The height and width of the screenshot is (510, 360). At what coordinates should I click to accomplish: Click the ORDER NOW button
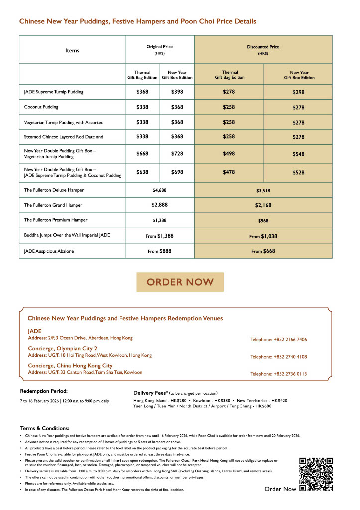[x=180, y=282]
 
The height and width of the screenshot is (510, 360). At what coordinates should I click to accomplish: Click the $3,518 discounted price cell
[x=263, y=190]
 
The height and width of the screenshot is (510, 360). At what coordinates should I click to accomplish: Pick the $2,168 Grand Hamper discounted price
[x=263, y=205]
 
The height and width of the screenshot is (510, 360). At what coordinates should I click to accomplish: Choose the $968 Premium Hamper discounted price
[x=263, y=220]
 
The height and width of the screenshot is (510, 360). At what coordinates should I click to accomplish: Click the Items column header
[x=72, y=50]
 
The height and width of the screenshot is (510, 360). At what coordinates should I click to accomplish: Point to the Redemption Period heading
[x=43, y=391]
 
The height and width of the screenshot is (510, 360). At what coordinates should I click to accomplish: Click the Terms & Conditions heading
[x=44, y=428]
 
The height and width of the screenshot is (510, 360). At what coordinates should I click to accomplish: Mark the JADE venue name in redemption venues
[x=35, y=331]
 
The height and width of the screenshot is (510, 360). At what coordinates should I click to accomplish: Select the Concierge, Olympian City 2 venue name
[x=62, y=348]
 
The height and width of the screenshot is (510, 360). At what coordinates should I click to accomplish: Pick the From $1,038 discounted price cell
[x=263, y=236]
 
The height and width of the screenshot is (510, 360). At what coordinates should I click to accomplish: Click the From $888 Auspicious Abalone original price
[x=159, y=251]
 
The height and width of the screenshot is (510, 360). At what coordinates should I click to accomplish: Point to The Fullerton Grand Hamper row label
[x=53, y=205]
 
